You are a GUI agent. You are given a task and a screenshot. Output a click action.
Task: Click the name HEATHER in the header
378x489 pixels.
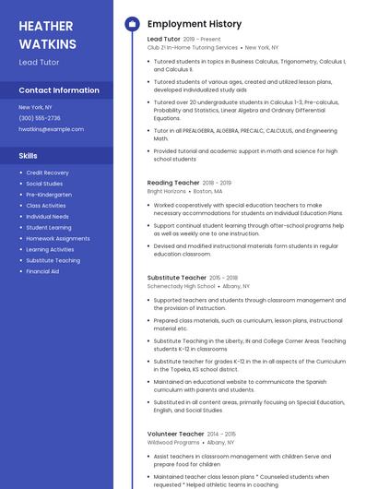(46, 26)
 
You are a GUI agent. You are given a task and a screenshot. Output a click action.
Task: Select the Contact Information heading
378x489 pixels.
(59, 90)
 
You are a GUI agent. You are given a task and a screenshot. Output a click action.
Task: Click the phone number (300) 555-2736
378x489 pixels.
(40, 118)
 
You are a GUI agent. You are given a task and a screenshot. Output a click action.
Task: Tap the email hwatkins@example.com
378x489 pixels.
(51, 129)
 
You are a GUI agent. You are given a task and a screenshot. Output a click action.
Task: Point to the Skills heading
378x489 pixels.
(29, 156)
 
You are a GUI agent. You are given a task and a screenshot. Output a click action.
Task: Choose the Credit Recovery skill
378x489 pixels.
(47, 173)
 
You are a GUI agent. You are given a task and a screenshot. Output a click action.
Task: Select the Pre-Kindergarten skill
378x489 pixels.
(49, 195)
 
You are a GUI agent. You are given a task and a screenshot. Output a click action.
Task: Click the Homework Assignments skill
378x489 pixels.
(58, 238)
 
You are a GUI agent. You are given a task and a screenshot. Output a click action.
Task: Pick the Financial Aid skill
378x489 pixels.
(42, 271)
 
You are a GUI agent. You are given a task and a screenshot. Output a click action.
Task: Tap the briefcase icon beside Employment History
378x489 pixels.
(132, 23)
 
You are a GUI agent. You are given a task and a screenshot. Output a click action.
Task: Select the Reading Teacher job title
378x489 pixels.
(172, 183)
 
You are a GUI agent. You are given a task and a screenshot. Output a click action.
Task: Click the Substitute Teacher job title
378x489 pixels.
(177, 278)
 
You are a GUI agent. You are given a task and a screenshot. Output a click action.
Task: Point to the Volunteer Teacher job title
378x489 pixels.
(175, 434)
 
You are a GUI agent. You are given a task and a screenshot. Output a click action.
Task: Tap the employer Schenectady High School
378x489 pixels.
(181, 287)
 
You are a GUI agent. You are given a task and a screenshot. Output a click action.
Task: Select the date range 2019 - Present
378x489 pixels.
(202, 40)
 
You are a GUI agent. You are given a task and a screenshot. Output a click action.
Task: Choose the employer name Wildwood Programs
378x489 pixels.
(172, 443)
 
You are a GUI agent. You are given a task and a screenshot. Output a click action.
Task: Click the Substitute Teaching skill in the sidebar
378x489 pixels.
(53, 260)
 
